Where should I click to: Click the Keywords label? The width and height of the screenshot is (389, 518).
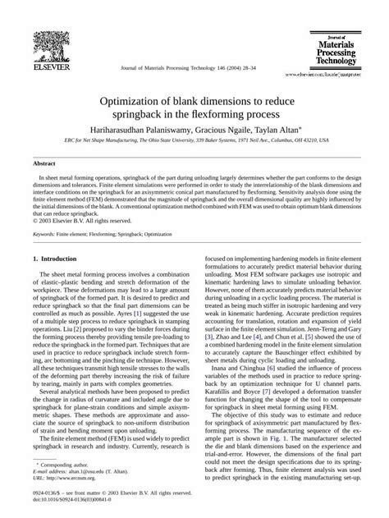[47, 234]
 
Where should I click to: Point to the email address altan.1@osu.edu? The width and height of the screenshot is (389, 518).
[87, 472]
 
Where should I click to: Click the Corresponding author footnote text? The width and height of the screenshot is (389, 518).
[70, 465]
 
